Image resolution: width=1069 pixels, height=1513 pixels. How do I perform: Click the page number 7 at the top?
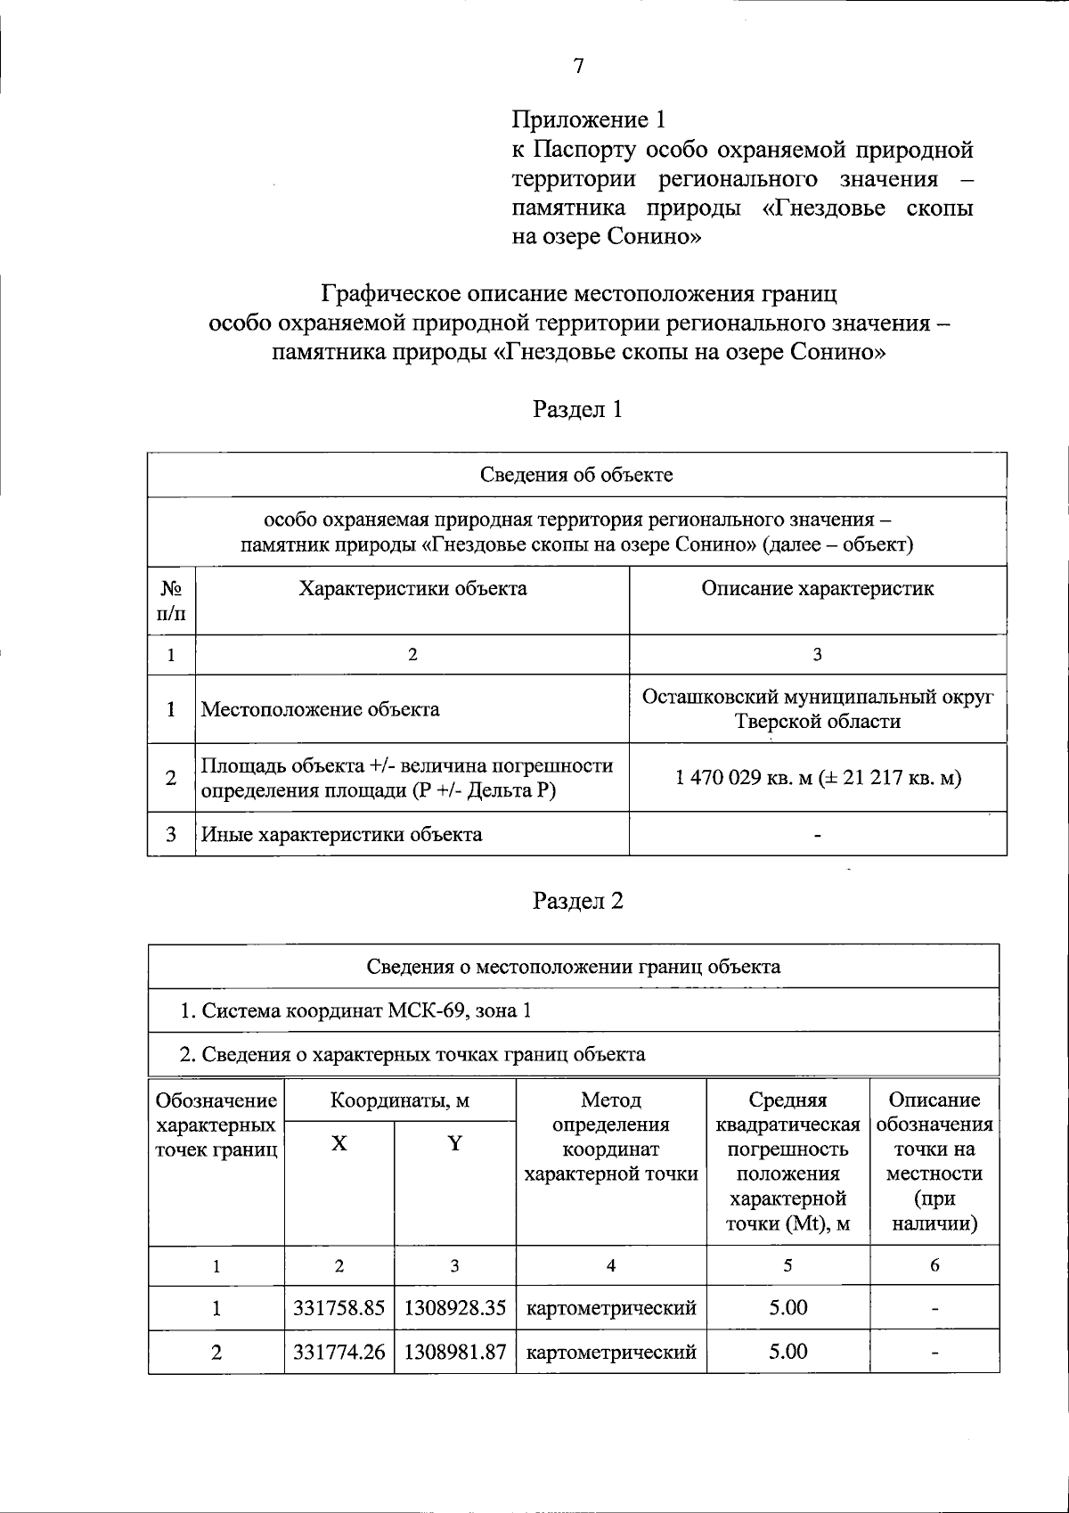tap(578, 66)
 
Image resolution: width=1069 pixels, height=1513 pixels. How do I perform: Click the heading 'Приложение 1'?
tap(588, 119)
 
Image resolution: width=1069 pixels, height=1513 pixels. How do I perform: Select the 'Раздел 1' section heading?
tap(577, 409)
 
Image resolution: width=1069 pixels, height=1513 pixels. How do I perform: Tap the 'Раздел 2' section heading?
tap(577, 901)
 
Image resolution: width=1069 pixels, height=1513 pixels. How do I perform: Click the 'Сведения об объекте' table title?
tap(576, 474)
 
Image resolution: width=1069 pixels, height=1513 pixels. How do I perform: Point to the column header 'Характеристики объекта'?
tap(412, 589)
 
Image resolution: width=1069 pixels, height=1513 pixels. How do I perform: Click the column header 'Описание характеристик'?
tap(817, 589)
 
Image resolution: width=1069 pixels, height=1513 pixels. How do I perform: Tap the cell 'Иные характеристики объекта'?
tap(342, 835)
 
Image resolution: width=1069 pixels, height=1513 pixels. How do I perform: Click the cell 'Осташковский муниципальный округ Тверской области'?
tap(817, 708)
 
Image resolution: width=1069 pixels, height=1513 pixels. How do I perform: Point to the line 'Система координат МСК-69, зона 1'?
tap(356, 1010)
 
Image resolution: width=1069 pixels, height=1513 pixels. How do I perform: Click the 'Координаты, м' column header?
tap(400, 1100)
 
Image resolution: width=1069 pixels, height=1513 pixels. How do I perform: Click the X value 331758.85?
tap(339, 1308)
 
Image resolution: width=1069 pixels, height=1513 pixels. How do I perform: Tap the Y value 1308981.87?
tap(455, 1352)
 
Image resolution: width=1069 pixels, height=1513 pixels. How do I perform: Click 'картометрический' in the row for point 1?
tap(611, 1308)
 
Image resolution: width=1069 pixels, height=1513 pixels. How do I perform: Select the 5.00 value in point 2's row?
tap(787, 1352)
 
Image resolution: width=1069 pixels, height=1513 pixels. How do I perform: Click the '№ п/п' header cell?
tap(171, 601)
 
